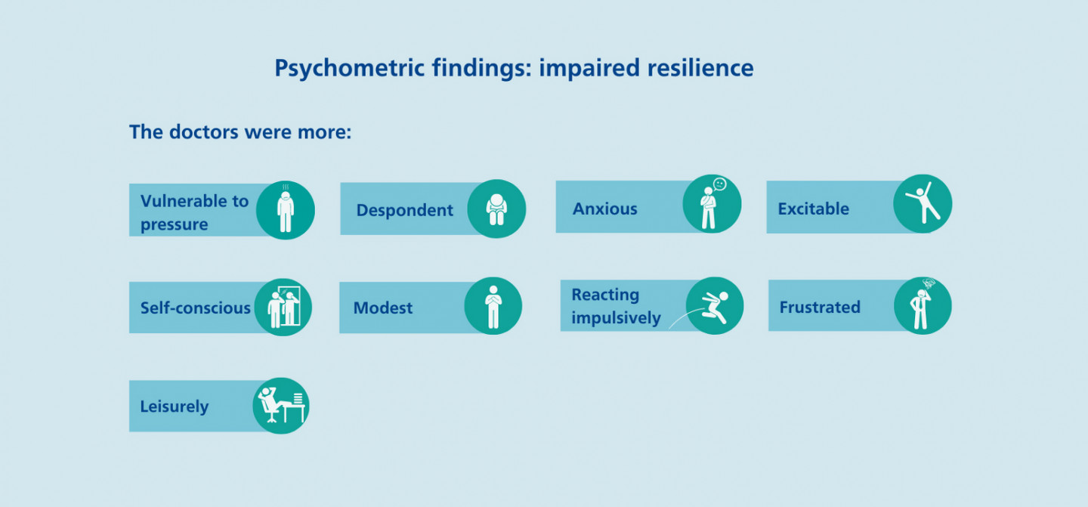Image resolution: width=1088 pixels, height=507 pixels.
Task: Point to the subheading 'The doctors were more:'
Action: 240,131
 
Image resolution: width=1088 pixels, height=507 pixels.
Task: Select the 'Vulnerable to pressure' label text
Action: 194,212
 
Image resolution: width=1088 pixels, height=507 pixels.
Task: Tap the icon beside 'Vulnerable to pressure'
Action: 285,210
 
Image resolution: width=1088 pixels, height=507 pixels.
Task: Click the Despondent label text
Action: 404,211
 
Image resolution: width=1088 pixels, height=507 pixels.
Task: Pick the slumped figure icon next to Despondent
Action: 496,209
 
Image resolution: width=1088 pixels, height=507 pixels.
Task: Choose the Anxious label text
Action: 604,209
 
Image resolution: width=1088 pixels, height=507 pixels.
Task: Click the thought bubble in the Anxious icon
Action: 719,184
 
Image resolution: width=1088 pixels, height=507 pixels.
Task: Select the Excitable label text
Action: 813,209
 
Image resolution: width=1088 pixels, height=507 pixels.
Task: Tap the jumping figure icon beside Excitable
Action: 923,204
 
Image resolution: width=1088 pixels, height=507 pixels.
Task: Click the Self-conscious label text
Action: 195,308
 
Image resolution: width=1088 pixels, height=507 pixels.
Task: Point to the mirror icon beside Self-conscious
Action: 283,307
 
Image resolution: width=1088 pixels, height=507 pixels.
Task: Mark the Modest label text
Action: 383,308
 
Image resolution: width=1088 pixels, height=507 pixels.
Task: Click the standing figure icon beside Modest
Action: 493,306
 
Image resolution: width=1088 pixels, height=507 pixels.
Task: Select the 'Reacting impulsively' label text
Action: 615,306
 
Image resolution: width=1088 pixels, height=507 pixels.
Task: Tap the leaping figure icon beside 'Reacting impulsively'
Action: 714,305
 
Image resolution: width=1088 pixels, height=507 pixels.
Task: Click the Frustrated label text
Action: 820,307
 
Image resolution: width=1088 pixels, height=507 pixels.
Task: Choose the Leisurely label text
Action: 174,407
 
